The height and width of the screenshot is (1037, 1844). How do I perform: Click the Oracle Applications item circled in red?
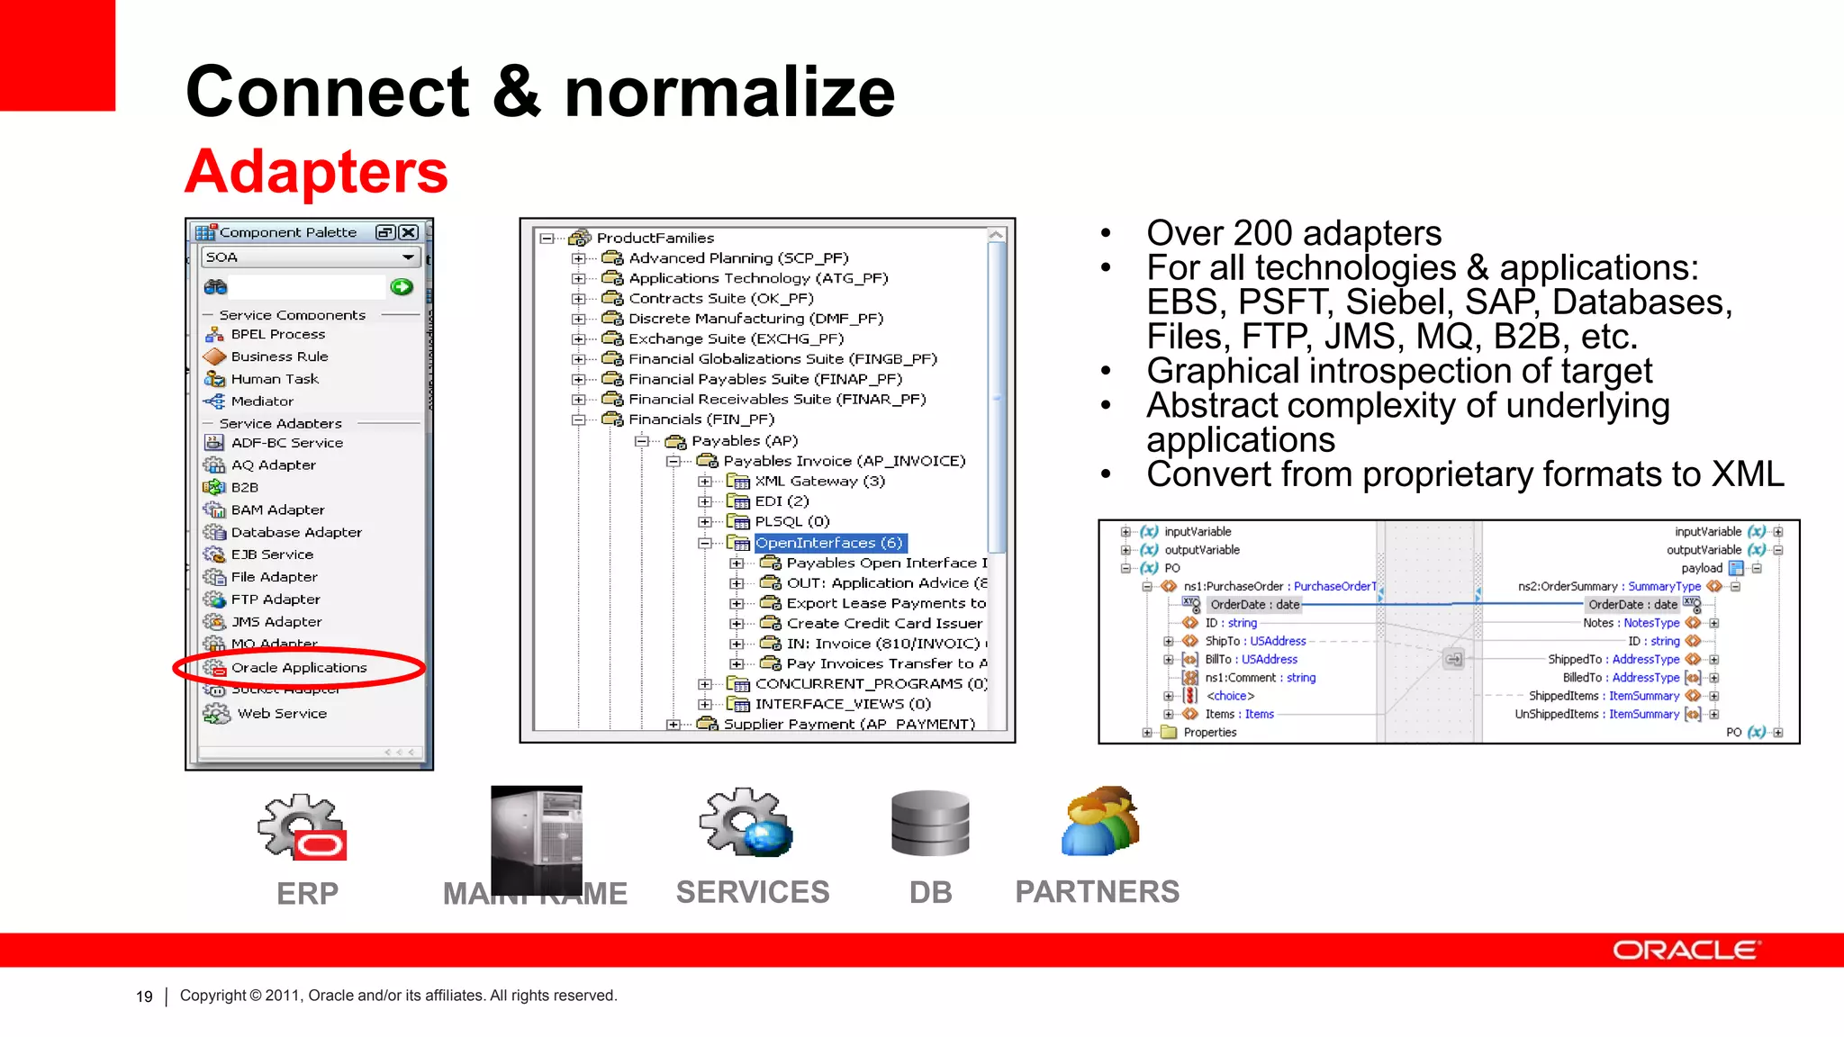298,668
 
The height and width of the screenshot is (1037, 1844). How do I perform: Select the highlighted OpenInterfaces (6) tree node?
828,543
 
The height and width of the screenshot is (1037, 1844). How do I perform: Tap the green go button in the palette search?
402,287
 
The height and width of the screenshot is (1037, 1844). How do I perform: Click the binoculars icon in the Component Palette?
216,287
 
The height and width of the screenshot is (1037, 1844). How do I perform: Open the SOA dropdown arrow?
408,257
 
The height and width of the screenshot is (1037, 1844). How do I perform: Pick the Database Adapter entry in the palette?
295,532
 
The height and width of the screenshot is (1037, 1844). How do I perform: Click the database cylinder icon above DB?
930,824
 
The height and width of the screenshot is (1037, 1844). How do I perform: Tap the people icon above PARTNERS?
1100,821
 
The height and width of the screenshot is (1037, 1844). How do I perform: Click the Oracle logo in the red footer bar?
1686,951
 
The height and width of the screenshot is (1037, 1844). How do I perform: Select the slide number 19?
144,996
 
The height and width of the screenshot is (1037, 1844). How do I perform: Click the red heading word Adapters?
316,171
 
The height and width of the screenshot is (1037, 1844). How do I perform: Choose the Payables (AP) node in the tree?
744,441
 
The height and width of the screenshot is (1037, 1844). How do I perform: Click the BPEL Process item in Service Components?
277,334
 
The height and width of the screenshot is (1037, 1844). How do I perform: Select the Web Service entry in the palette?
281,713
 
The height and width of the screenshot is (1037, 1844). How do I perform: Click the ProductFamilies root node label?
655,238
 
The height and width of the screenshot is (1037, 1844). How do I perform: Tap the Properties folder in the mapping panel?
1208,732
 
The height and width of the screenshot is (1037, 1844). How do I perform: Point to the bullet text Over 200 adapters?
1293,233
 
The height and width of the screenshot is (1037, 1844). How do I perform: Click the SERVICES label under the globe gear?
753,892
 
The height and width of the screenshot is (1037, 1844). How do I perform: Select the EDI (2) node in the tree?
781,501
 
